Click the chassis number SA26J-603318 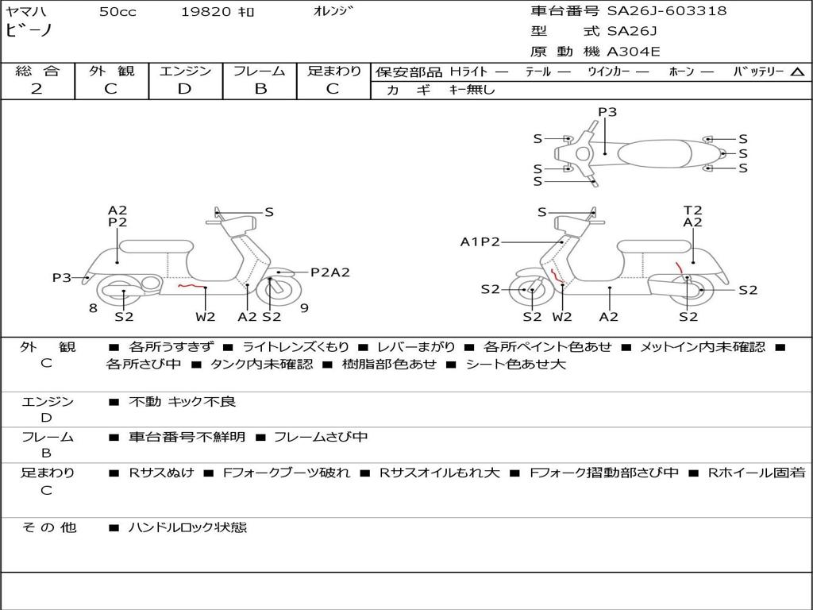667,11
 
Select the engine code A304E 633,52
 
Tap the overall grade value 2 37,89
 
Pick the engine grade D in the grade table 185,89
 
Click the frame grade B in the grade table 260,89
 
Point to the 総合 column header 37,71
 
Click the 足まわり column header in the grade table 334,71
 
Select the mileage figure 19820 206,12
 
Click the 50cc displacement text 118,12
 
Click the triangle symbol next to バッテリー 797,72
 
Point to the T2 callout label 693,210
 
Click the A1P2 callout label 480,241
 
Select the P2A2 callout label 329,272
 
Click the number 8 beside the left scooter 93,308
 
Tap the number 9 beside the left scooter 304,308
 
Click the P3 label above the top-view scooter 607,112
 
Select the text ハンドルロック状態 187,527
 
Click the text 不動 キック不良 182,402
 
